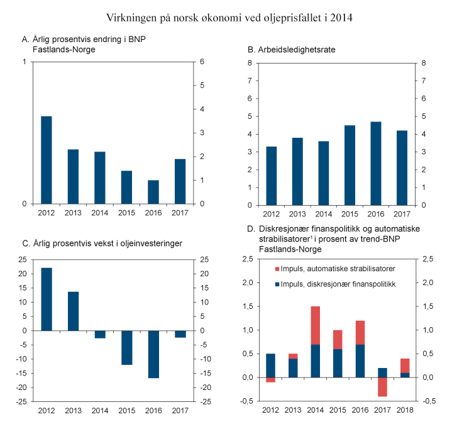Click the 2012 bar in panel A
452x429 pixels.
pyautogui.click(x=47, y=160)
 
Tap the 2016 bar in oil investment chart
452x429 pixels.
pyautogui.click(x=153, y=354)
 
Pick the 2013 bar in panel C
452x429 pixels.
pyautogui.click(x=74, y=311)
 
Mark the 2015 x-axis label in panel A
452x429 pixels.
pyautogui.click(x=126, y=212)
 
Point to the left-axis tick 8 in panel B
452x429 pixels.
pyautogui.click(x=250, y=63)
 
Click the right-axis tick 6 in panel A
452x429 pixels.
pyautogui.click(x=202, y=62)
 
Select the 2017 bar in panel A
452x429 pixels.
pyautogui.click(x=180, y=181)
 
